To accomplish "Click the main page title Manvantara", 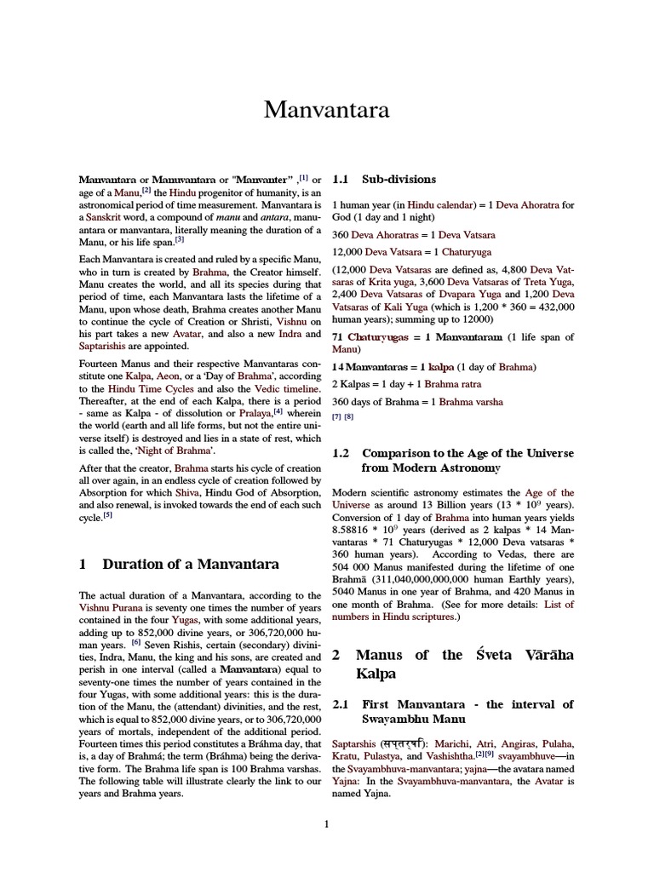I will click(326, 110).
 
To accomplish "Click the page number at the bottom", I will click(326, 823).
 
